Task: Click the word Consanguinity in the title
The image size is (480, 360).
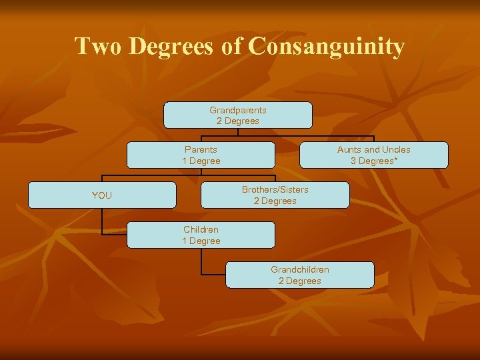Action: coord(326,47)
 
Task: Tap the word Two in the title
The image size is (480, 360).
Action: coord(98,47)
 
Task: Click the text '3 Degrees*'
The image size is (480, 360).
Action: coord(374,161)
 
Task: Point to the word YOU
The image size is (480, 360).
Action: coord(102,195)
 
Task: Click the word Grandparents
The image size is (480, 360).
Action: coord(238,110)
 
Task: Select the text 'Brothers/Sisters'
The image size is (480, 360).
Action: coord(275,189)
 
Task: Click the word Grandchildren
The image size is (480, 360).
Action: coord(299,269)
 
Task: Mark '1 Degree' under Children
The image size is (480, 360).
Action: coord(201,241)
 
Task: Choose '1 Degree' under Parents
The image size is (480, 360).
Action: coord(201,161)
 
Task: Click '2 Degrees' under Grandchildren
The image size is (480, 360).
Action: coord(299,281)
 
